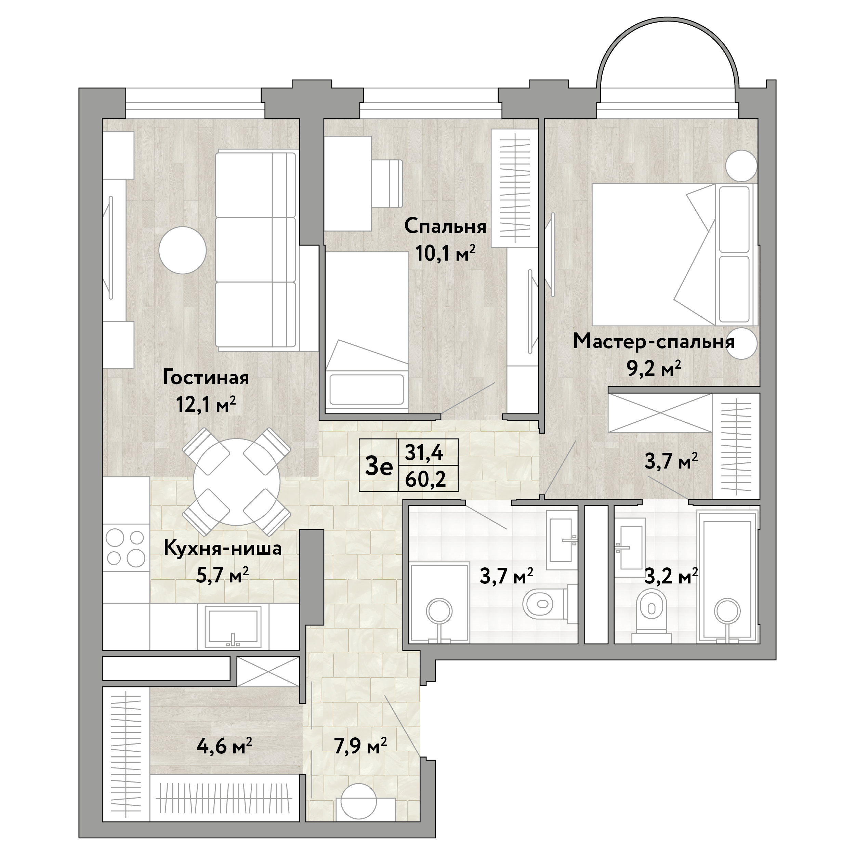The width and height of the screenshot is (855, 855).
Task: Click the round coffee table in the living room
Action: point(183,250)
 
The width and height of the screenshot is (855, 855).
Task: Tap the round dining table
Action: point(237,482)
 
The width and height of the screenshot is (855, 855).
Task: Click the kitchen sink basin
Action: point(233,626)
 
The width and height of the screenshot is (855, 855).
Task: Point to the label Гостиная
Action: point(206,378)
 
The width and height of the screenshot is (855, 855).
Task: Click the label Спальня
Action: point(445,227)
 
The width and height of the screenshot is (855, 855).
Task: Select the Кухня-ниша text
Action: point(223,548)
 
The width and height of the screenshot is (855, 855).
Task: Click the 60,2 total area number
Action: point(425,479)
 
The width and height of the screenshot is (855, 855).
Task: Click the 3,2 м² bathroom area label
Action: point(671,576)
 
